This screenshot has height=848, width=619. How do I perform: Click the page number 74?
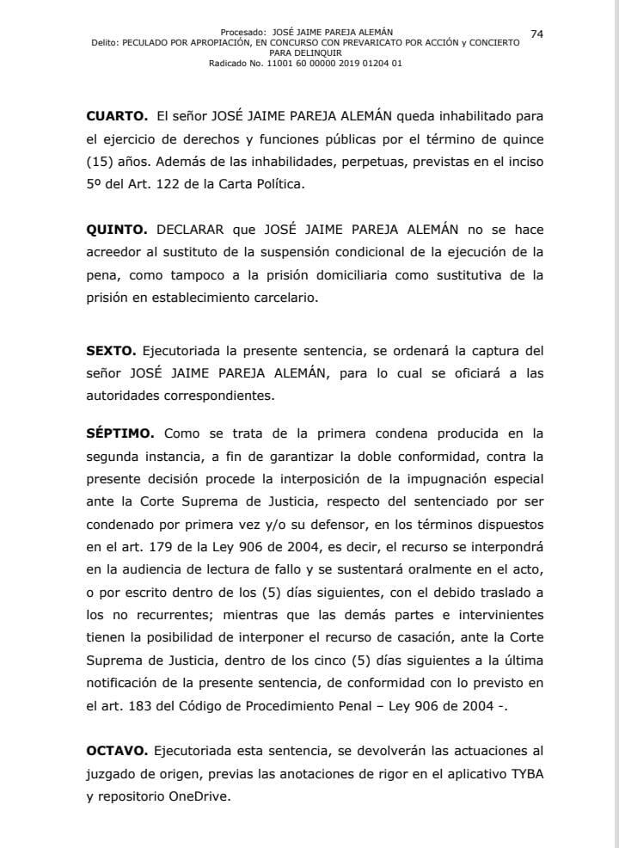pos(537,33)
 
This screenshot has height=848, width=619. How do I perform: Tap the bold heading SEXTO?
pos(111,352)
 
